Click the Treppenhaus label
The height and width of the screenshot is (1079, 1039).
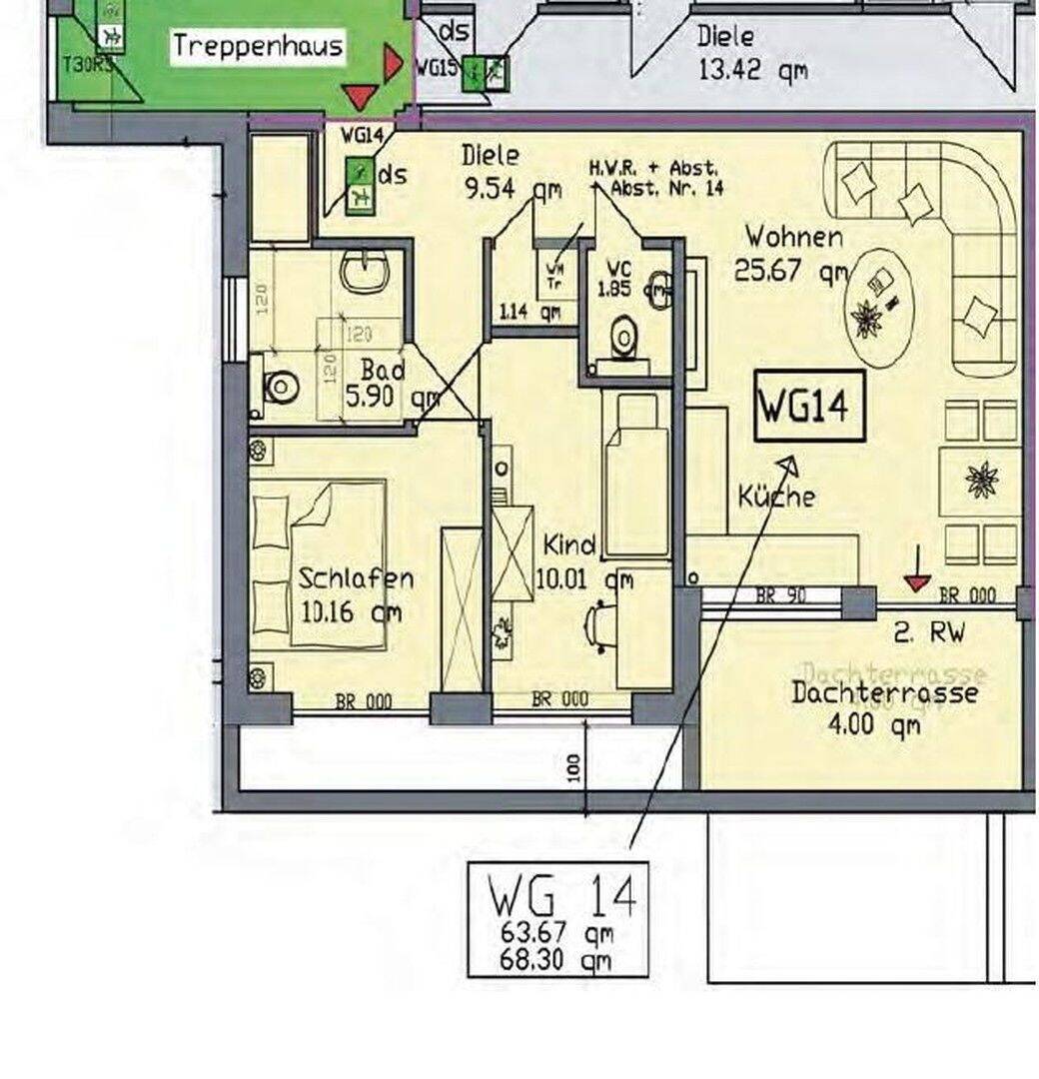258,45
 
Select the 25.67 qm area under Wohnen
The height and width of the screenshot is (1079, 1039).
789,270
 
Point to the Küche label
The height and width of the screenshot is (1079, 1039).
776,496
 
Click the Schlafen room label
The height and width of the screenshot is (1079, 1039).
356,578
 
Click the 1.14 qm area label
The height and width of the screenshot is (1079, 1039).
529,312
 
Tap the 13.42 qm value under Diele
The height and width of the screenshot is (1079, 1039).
751,72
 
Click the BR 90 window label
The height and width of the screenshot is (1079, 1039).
780,596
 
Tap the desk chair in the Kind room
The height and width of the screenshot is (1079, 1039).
599,624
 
